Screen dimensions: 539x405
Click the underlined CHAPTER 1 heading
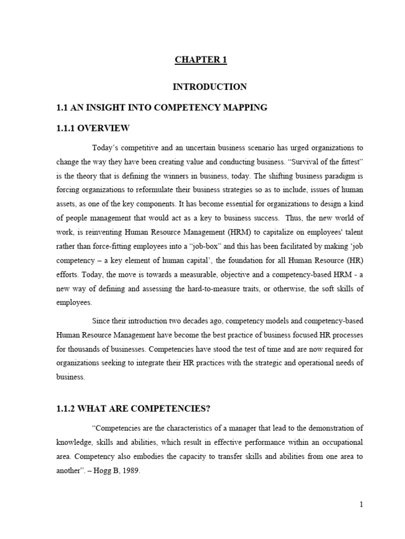[x=201, y=60]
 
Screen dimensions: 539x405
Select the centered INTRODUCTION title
[x=210, y=86]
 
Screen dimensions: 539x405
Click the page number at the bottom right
[x=362, y=505]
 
